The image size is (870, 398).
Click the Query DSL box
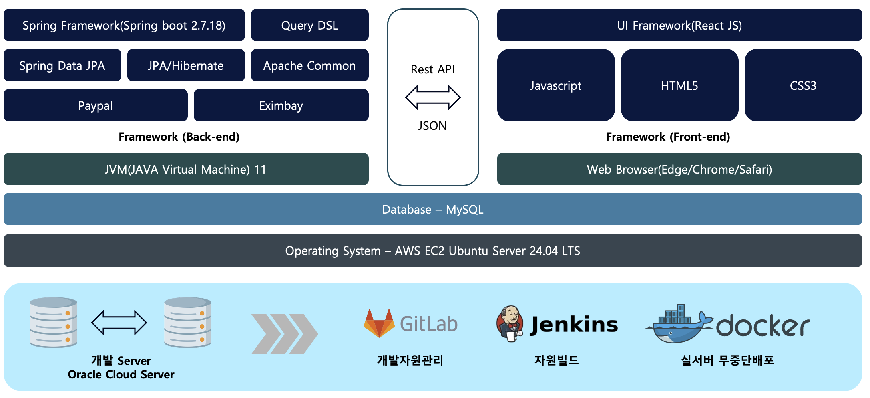tap(309, 25)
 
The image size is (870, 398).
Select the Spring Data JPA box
tap(62, 65)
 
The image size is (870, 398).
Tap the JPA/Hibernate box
tap(186, 65)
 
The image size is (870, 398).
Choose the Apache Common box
tap(309, 65)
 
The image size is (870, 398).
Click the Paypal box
tap(95, 105)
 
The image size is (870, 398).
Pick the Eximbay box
tap(281, 105)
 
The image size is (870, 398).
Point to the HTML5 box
tap(679, 85)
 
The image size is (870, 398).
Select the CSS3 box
tap(803, 85)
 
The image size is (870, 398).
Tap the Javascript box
tap(556, 85)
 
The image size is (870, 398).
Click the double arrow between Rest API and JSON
tap(433, 97)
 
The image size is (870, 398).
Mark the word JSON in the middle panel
tap(432, 126)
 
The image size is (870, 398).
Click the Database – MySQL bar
tap(433, 209)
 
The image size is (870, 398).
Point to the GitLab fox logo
tap(379, 323)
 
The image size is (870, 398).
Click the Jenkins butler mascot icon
tap(510, 324)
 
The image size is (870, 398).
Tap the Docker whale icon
tap(679, 325)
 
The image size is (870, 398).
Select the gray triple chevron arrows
tap(284, 334)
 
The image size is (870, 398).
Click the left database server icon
tap(53, 322)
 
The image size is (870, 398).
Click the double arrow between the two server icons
tap(119, 322)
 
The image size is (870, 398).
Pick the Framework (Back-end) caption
tap(179, 137)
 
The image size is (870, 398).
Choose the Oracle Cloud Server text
tap(121, 374)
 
